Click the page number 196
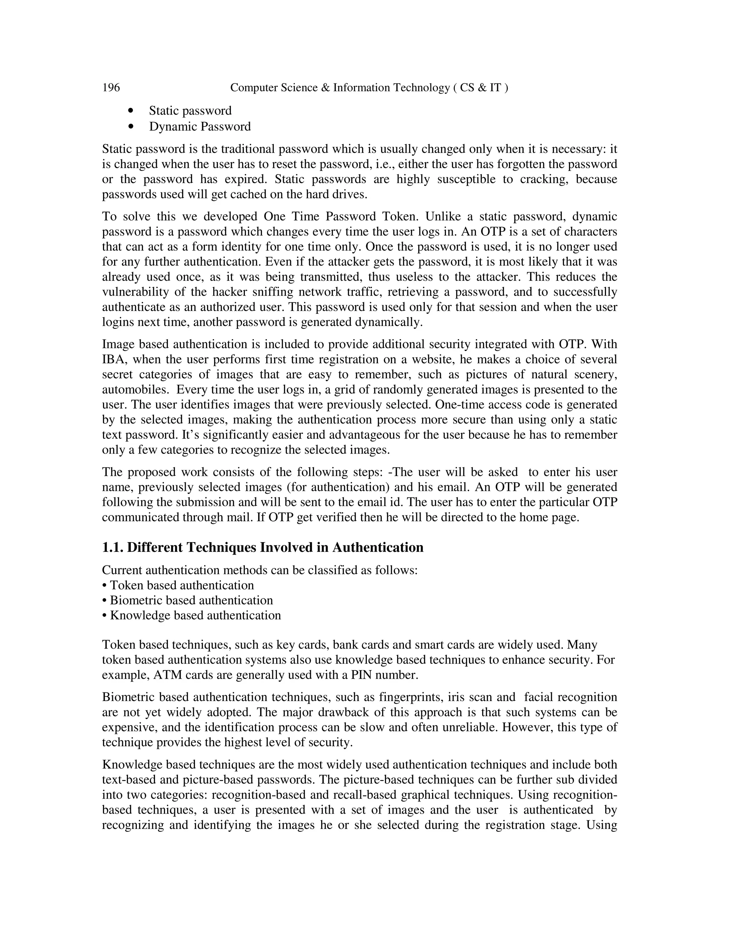tap(111, 88)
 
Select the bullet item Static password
tap(190, 111)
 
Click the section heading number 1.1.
tap(112, 548)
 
